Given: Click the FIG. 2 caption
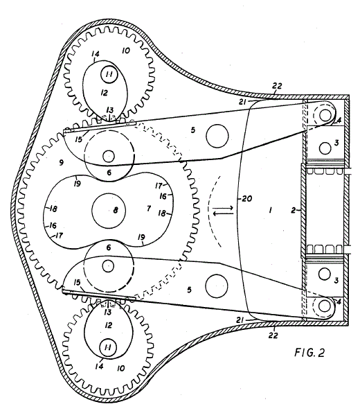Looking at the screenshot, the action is click(x=309, y=352).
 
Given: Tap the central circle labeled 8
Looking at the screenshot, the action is click(x=109, y=210).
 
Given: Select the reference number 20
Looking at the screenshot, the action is click(x=246, y=199).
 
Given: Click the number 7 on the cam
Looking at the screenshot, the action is click(x=149, y=208).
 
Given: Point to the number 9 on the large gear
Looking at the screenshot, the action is click(x=62, y=162).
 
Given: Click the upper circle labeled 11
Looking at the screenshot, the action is click(x=109, y=75).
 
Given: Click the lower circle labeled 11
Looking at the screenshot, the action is click(x=108, y=348).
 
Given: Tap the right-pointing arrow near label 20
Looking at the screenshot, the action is click(x=223, y=207).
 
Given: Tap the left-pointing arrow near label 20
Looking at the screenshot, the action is click(x=223, y=213).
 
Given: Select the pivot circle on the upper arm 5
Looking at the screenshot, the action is click(x=217, y=136).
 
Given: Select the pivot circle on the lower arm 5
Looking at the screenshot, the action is click(x=217, y=286).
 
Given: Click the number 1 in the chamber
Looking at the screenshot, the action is click(x=270, y=211).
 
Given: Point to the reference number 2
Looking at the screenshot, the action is click(x=294, y=211).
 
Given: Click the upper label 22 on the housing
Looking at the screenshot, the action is click(x=277, y=86).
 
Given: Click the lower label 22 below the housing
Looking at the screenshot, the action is click(x=273, y=335).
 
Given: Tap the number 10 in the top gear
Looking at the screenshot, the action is click(x=125, y=51).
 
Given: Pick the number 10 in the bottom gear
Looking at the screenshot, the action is click(x=120, y=368).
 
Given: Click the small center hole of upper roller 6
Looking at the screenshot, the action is click(x=109, y=156).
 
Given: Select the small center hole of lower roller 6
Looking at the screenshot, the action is click(x=108, y=266).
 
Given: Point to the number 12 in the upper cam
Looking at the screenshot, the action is click(x=104, y=93).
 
